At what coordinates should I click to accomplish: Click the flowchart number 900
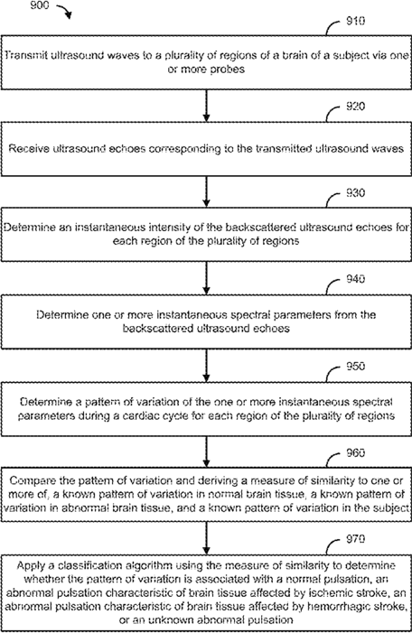pyautogui.click(x=39, y=5)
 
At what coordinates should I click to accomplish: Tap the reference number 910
pyautogui.click(x=355, y=21)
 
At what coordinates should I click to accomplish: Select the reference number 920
pyautogui.click(x=355, y=107)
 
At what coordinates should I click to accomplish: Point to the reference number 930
pyautogui.click(x=355, y=193)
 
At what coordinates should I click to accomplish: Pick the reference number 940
pyautogui.click(x=355, y=279)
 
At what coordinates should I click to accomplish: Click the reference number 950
pyautogui.click(x=355, y=366)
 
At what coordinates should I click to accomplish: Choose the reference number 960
pyautogui.click(x=355, y=453)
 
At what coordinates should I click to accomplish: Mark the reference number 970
pyautogui.click(x=355, y=539)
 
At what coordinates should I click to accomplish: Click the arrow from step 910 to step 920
pyautogui.click(x=206, y=106)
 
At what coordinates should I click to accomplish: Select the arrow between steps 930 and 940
pyautogui.click(x=206, y=278)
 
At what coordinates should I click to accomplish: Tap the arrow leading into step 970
pyautogui.click(x=206, y=538)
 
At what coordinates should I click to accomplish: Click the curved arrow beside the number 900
pyautogui.click(x=64, y=11)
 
